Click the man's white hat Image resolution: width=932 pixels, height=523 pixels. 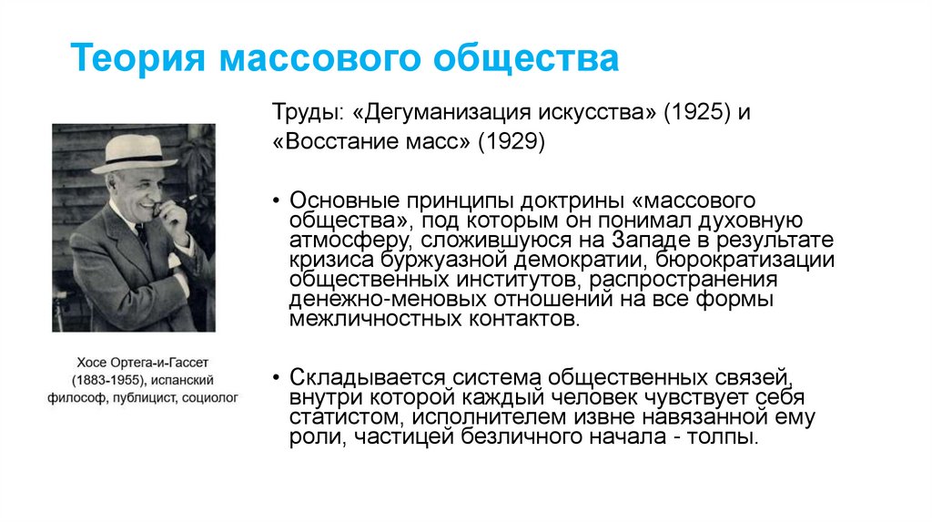133,154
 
